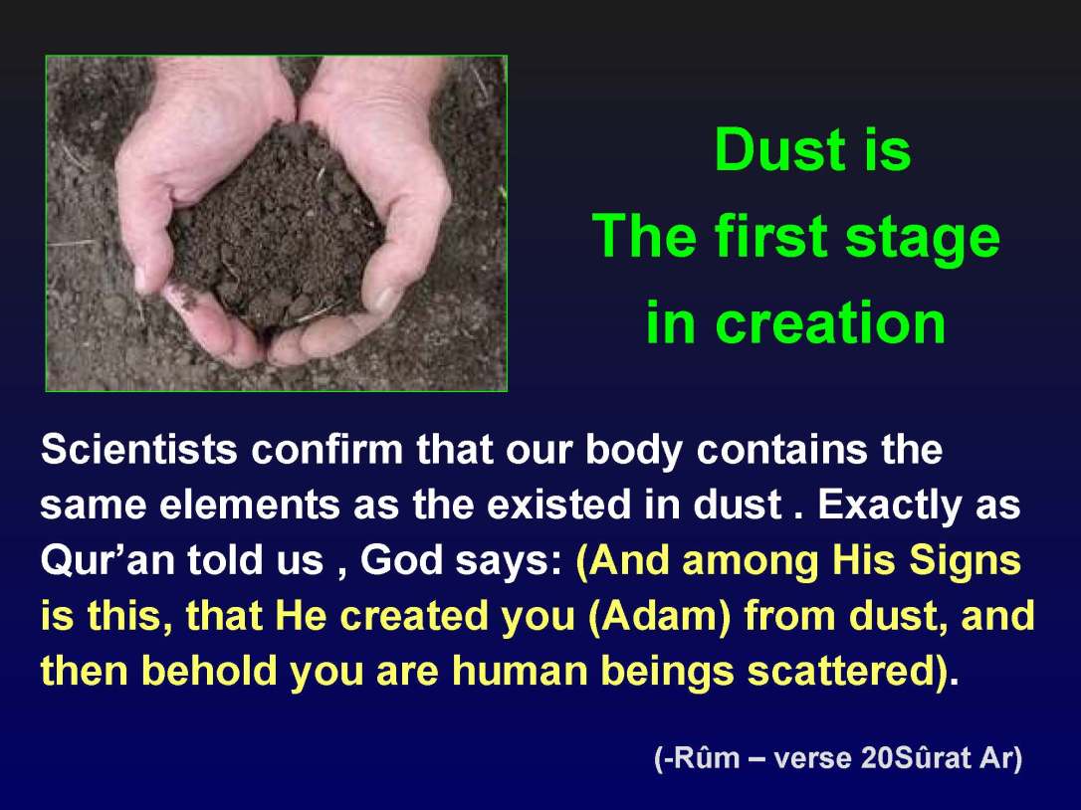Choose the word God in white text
(393, 561)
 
